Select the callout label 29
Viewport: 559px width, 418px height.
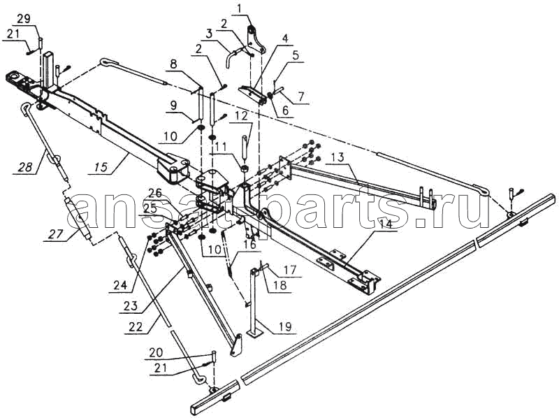tap(24, 19)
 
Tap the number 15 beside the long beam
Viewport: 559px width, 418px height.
tap(101, 166)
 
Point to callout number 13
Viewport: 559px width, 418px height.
tap(337, 157)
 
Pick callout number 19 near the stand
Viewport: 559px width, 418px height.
tap(285, 326)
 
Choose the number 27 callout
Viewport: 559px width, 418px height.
tap(56, 234)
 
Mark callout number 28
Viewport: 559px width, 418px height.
tap(26, 166)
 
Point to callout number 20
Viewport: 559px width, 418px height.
tap(156, 353)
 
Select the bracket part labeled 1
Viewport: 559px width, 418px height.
tap(257, 40)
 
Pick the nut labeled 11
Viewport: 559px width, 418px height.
tap(245, 167)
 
